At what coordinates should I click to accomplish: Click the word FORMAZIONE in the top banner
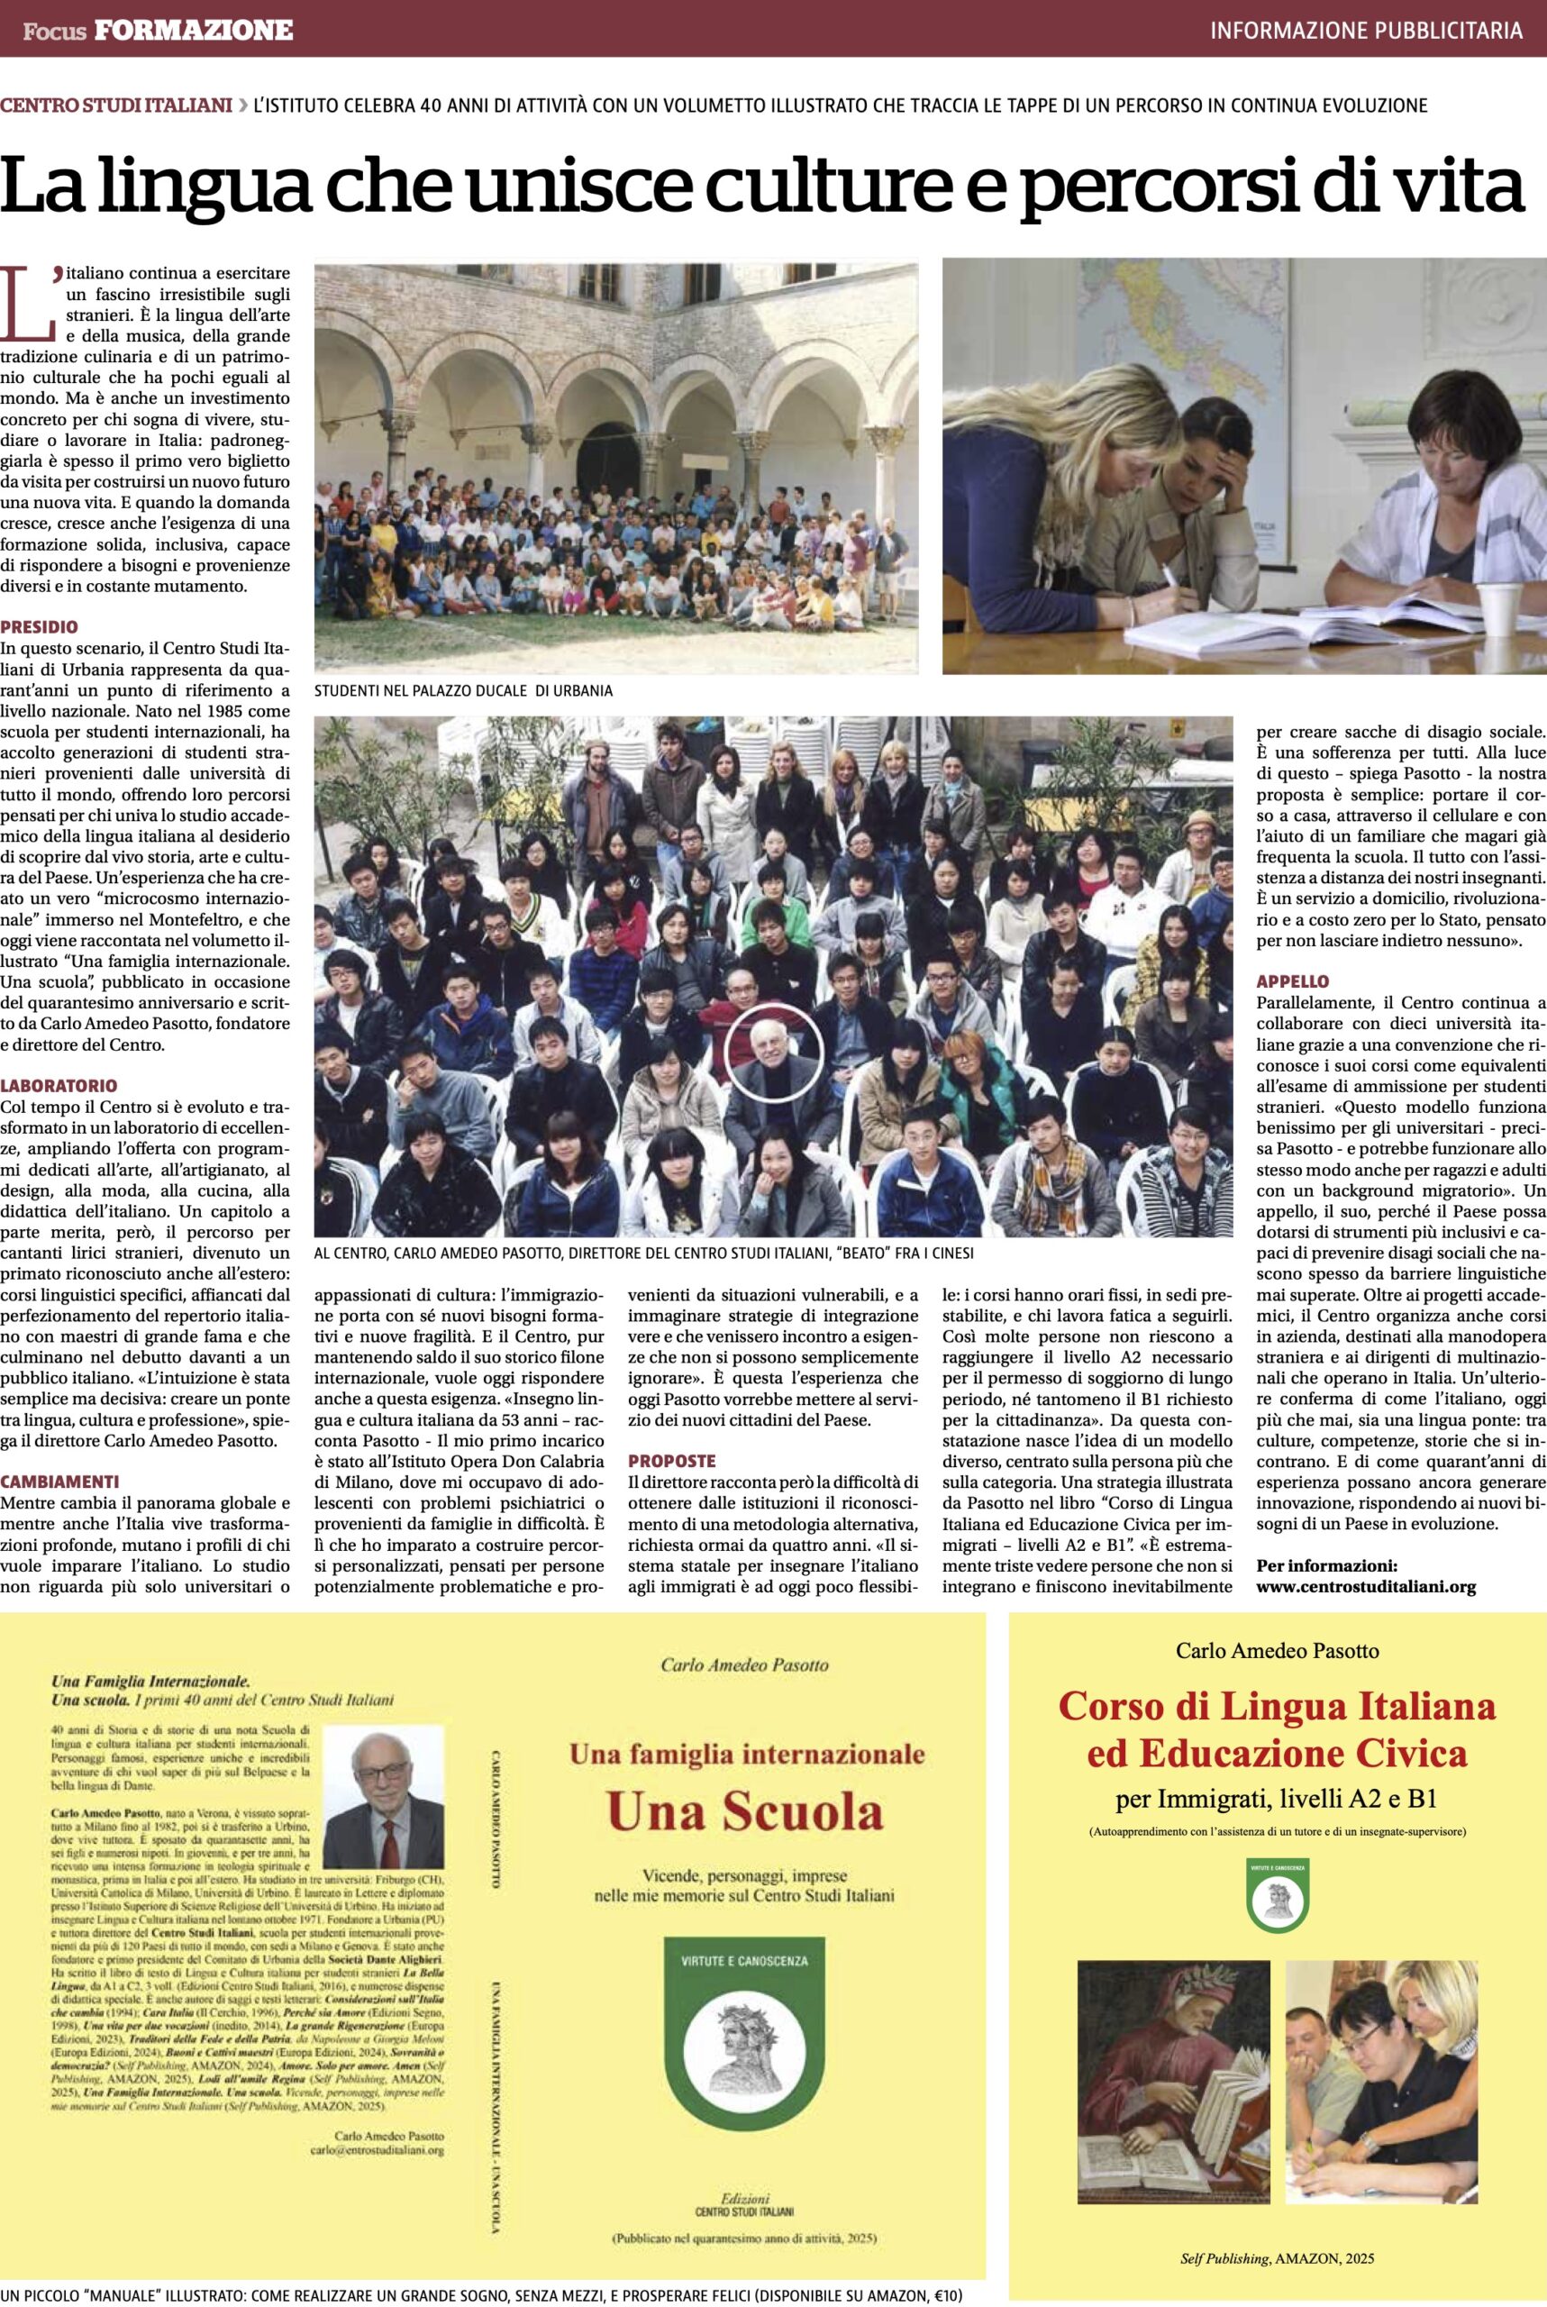[x=194, y=31]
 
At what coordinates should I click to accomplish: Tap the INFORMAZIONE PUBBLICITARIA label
[x=1366, y=31]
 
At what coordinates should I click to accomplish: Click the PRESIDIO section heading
[x=39, y=626]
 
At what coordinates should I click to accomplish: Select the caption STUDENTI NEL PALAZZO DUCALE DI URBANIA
[x=463, y=690]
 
